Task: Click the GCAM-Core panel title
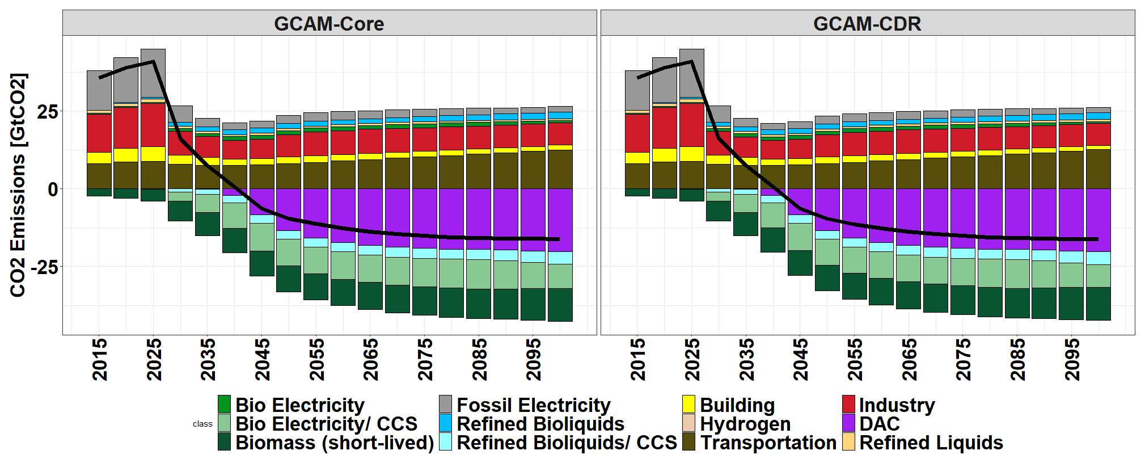[x=329, y=24]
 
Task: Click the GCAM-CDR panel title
[x=867, y=24]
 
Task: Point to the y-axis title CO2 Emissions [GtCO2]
[x=18, y=185]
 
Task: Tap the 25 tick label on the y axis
[x=48, y=112]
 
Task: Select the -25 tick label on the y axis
[x=44, y=267]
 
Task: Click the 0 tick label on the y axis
[x=53, y=190]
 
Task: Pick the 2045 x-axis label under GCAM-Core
[x=262, y=359]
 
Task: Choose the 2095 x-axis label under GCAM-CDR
[x=1072, y=359]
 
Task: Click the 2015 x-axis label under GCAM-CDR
[x=638, y=359]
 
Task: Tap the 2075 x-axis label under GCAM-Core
[x=425, y=359]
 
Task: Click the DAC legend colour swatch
[x=848, y=423]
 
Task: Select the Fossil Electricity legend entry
[x=533, y=405]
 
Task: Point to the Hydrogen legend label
[x=745, y=424]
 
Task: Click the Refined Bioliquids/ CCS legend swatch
[x=446, y=442]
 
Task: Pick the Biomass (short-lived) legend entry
[x=335, y=443]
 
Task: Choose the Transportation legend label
[x=768, y=443]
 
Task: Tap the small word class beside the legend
[x=202, y=424]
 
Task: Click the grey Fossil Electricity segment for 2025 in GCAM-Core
[x=153, y=74]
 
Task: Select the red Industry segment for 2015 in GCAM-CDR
[x=637, y=133]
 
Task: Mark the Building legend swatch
[x=688, y=405]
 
